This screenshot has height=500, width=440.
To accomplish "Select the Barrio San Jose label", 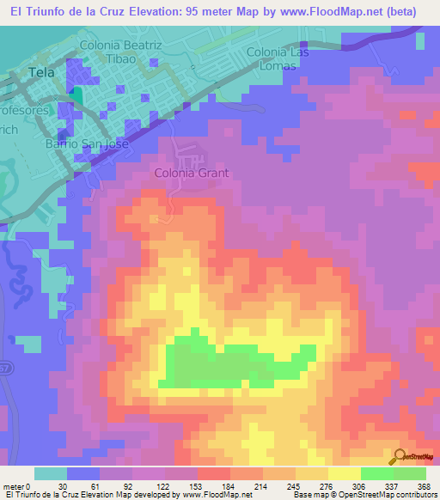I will click(x=87, y=143).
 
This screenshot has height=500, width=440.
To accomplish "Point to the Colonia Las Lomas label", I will click(x=278, y=59).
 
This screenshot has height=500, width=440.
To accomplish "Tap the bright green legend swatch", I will click(x=377, y=473).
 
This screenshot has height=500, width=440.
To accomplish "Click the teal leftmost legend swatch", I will click(x=51, y=473).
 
